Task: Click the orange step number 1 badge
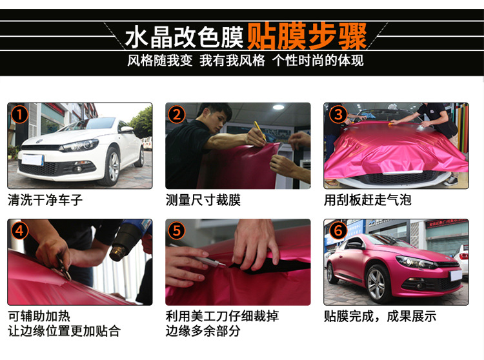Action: pos(21,115)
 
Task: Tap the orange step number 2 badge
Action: pos(177,115)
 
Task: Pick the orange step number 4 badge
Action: pos(21,231)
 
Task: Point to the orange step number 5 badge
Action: pos(177,231)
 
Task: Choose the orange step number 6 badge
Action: pos(337,231)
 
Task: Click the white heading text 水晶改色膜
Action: pos(184,37)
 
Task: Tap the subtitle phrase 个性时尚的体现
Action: pos(318,61)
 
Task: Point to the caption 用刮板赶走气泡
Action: pos(367,200)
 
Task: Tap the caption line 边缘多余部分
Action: pos(203,331)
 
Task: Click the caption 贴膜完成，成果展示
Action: pos(379,316)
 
